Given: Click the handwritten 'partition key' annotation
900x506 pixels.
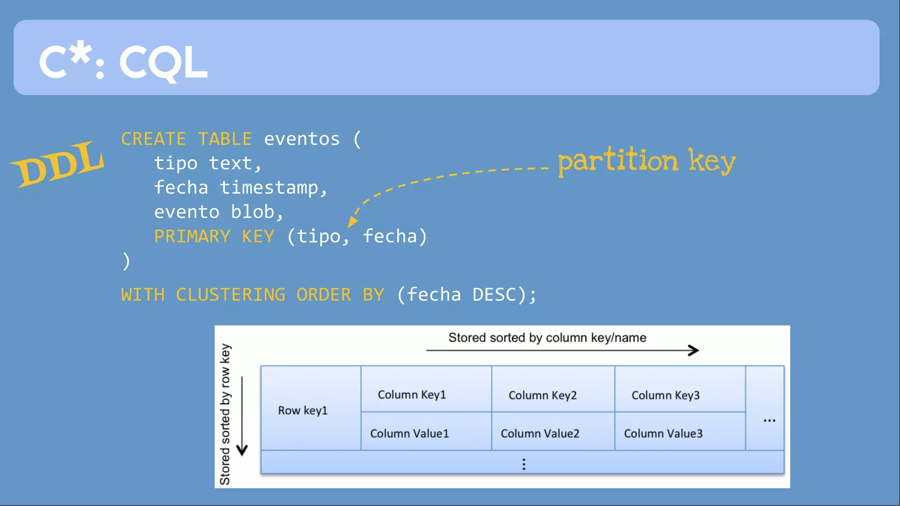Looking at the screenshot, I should coord(646,161).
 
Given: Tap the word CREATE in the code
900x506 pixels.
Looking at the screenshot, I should coord(153,139).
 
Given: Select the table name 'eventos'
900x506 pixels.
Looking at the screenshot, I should coord(301,139).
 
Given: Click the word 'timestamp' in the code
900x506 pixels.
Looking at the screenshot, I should coord(269,188).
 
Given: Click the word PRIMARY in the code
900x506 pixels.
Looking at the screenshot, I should coord(192,237).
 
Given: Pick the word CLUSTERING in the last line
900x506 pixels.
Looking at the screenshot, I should coord(230,295).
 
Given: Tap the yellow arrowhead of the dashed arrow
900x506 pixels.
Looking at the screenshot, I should coord(352,221).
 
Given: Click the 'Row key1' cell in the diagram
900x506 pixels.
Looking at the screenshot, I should coord(303,411).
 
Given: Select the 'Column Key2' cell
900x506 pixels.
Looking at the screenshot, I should coord(542,395).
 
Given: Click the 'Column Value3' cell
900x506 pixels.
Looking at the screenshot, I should coord(663,434).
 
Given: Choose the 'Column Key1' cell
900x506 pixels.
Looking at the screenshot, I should coord(412,395).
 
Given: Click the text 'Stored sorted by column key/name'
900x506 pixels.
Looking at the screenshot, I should coord(547,338).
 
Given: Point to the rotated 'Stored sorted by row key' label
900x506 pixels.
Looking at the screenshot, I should coord(225,414).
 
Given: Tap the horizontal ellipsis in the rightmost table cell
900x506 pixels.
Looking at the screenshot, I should coord(769,421).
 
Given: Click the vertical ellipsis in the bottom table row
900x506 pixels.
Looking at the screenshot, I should coord(523,464).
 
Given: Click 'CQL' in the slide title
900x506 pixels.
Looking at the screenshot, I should coord(163,63).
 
